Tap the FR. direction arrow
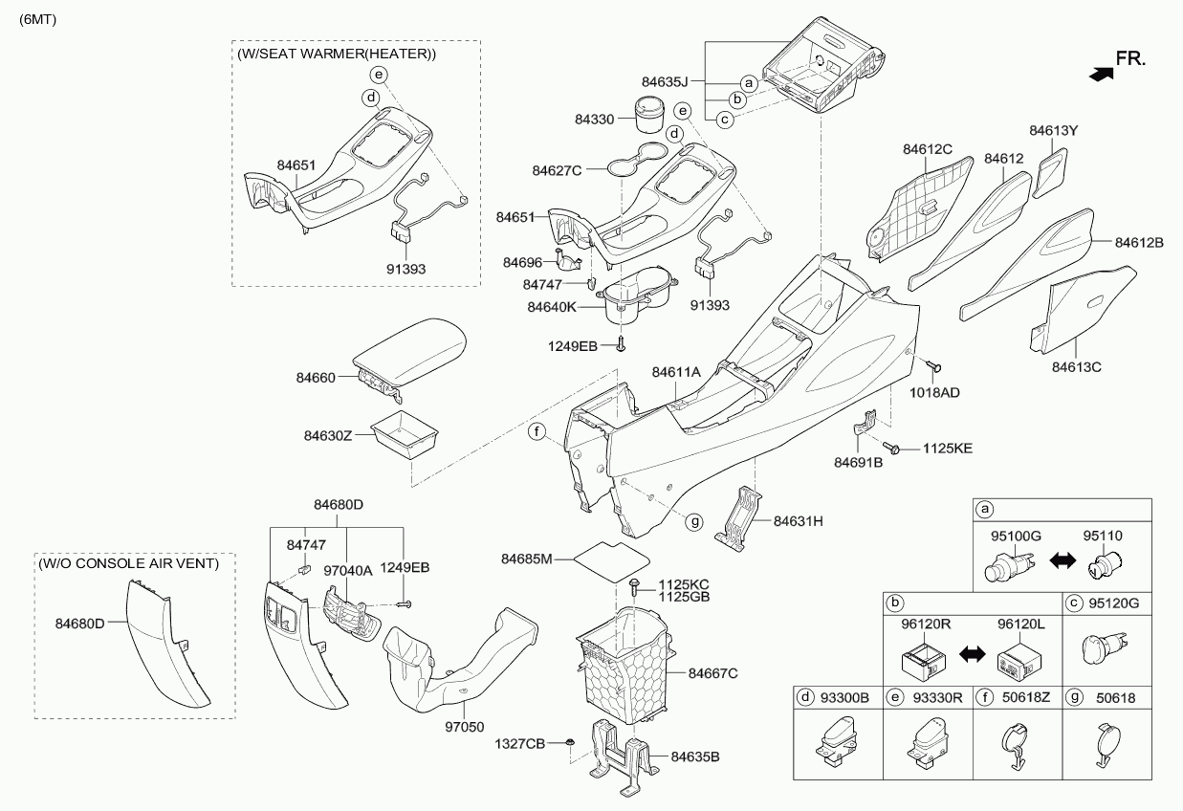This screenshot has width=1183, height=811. coord(1102,73)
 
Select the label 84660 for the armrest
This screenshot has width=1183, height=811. coord(315,378)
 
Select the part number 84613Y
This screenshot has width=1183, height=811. coord(1053,130)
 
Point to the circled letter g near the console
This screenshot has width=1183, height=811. coord(695,521)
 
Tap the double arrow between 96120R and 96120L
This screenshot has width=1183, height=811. coord(972,654)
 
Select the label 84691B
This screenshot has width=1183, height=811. coord(857,464)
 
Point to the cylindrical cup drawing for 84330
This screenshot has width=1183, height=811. coord(649,115)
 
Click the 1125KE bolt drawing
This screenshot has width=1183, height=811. coord(894,447)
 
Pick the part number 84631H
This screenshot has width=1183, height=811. coord(799,521)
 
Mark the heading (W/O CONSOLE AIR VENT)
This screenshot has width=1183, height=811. coord(130,563)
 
